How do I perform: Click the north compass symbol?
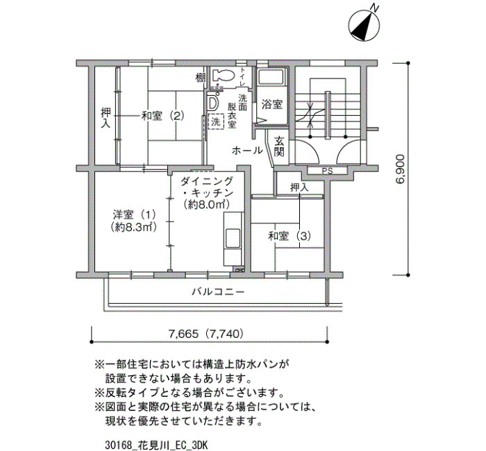(x=364, y=24)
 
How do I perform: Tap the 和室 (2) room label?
(x=162, y=116)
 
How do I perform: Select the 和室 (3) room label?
(x=290, y=237)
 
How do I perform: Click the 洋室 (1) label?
(x=134, y=214)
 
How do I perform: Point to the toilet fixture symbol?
(x=223, y=75)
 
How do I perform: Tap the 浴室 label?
(x=272, y=104)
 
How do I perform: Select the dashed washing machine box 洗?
(x=216, y=122)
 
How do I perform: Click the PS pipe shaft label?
(x=327, y=171)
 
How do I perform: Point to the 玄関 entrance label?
(x=279, y=147)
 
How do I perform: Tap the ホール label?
(x=247, y=151)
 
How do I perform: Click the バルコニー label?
(x=218, y=291)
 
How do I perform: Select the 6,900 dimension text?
(x=400, y=169)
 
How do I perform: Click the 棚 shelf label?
(x=200, y=78)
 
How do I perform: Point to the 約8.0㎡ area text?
(x=206, y=205)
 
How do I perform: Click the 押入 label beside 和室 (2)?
(x=106, y=118)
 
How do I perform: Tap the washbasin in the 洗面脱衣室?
(x=212, y=103)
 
